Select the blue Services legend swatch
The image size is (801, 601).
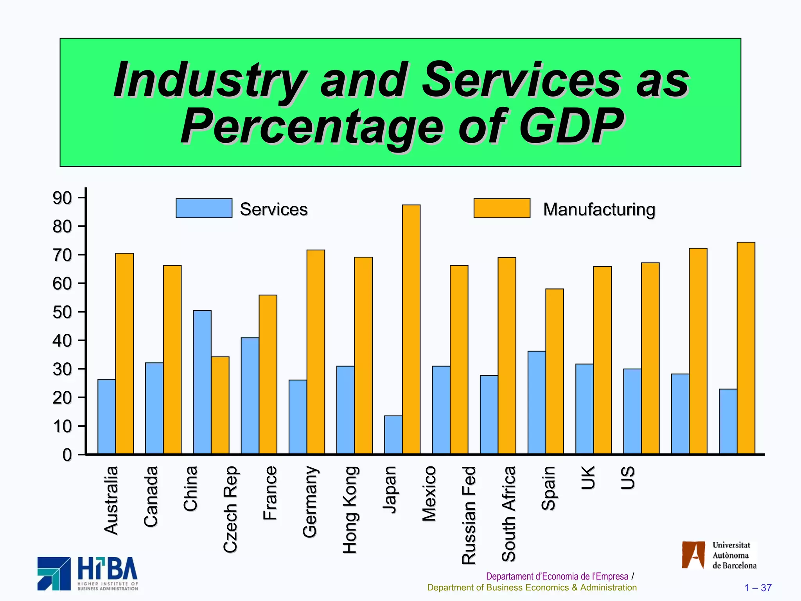[x=204, y=208]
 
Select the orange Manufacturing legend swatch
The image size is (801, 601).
[x=502, y=208]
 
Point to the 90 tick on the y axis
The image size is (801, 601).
[x=63, y=198]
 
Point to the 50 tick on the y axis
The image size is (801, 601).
[x=63, y=312]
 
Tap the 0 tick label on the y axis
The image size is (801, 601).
[x=67, y=455]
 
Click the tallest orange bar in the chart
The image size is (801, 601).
[x=411, y=329]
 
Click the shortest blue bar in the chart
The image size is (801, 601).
[x=393, y=435]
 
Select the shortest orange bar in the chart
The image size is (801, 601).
[x=220, y=405]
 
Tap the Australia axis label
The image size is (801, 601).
[x=111, y=500]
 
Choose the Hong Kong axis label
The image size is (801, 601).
[x=350, y=510]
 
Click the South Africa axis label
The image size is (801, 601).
[x=509, y=514]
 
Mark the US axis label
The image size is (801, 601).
[x=628, y=478]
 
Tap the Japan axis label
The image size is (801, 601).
[x=390, y=489]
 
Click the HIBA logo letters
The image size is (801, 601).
[x=108, y=569]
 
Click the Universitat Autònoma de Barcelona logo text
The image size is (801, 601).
[x=734, y=555]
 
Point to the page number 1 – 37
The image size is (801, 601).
[x=758, y=588]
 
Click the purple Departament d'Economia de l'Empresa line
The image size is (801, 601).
[x=557, y=576]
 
